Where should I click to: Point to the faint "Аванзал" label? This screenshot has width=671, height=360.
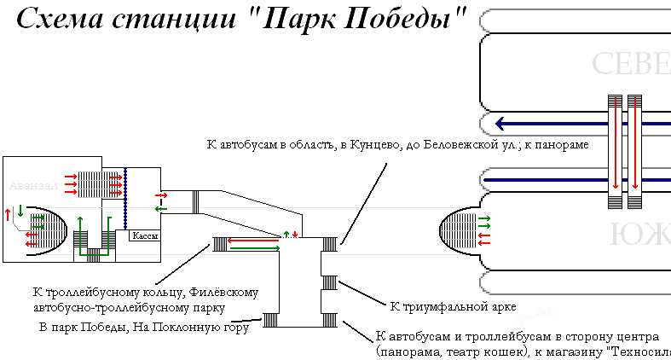29,185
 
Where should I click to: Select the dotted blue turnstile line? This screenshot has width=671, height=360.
125,195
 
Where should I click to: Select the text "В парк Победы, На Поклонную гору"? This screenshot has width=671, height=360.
142,327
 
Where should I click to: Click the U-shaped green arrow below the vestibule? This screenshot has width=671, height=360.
95,235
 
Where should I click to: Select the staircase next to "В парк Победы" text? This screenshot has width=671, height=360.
271,320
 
